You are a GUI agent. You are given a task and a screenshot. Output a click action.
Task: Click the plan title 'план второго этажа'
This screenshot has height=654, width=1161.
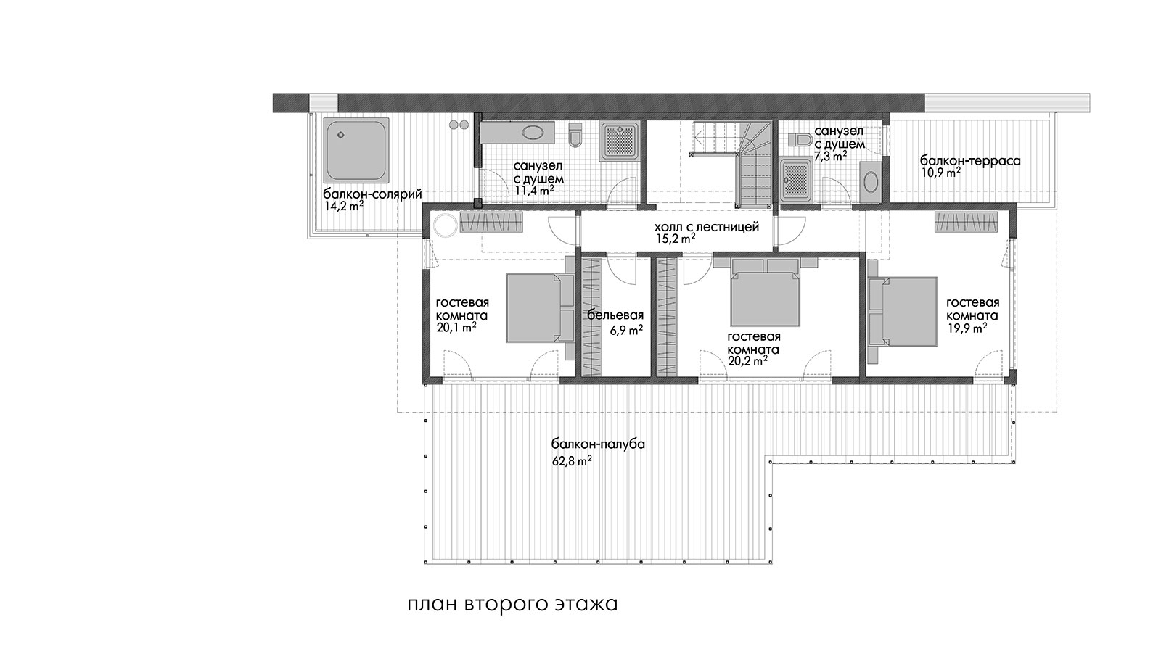(x=512, y=604)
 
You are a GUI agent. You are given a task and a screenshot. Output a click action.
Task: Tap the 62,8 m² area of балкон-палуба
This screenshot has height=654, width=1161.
(x=572, y=461)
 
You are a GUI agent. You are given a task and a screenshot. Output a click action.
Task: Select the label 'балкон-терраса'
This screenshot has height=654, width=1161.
(x=970, y=160)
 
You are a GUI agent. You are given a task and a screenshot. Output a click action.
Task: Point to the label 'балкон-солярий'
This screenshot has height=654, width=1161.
(x=372, y=194)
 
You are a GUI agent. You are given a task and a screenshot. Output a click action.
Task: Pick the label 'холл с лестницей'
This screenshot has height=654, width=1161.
(x=707, y=227)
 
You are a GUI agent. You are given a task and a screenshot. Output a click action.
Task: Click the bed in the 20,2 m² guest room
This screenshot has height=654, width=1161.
(x=765, y=292)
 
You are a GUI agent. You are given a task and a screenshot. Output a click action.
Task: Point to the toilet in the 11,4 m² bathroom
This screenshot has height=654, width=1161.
(x=575, y=135)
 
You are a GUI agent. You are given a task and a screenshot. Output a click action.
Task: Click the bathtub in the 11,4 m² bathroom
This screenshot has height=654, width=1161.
(x=518, y=132)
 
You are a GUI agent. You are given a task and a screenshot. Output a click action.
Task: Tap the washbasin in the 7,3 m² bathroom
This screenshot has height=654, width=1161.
(x=870, y=182)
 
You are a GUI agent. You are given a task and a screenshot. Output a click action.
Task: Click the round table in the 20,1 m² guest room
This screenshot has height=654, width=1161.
(x=445, y=225)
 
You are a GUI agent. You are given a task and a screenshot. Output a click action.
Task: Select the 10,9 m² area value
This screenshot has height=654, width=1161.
(x=940, y=173)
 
